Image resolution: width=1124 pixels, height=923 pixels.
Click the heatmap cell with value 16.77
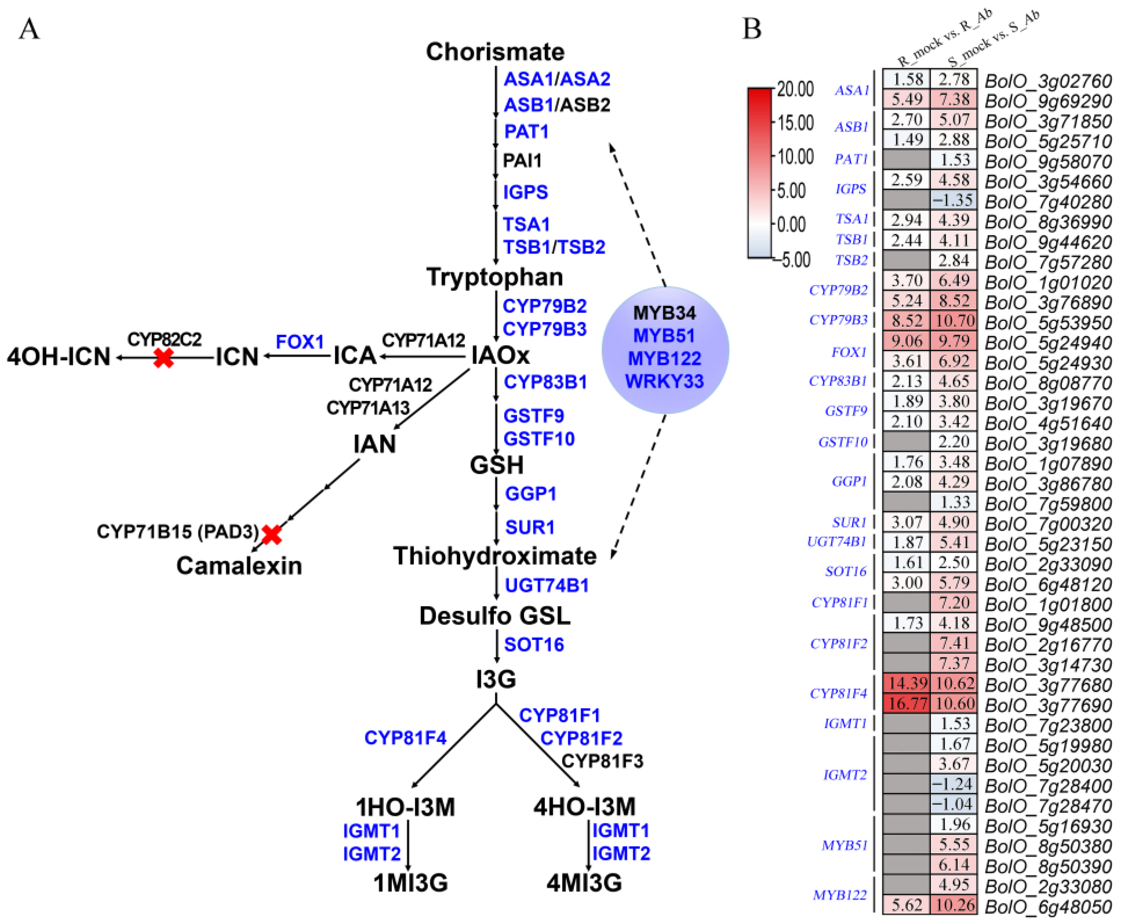(907, 703)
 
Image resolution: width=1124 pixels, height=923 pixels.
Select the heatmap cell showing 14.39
(907, 683)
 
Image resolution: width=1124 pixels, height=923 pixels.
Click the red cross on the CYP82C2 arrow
(164, 358)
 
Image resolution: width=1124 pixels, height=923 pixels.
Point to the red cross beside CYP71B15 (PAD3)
(271, 534)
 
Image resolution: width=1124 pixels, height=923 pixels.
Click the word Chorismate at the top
(495, 52)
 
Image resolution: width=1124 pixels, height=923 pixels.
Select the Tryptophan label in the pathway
(495, 277)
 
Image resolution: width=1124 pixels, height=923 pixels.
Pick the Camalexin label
(239, 566)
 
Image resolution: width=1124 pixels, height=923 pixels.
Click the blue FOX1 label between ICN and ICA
(300, 342)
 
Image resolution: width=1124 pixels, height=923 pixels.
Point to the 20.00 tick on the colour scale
(795, 89)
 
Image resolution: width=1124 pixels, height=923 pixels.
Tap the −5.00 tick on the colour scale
(795, 260)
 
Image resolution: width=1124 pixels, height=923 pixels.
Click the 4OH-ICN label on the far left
(58, 357)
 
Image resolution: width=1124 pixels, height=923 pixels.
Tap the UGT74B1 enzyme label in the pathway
(547, 585)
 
